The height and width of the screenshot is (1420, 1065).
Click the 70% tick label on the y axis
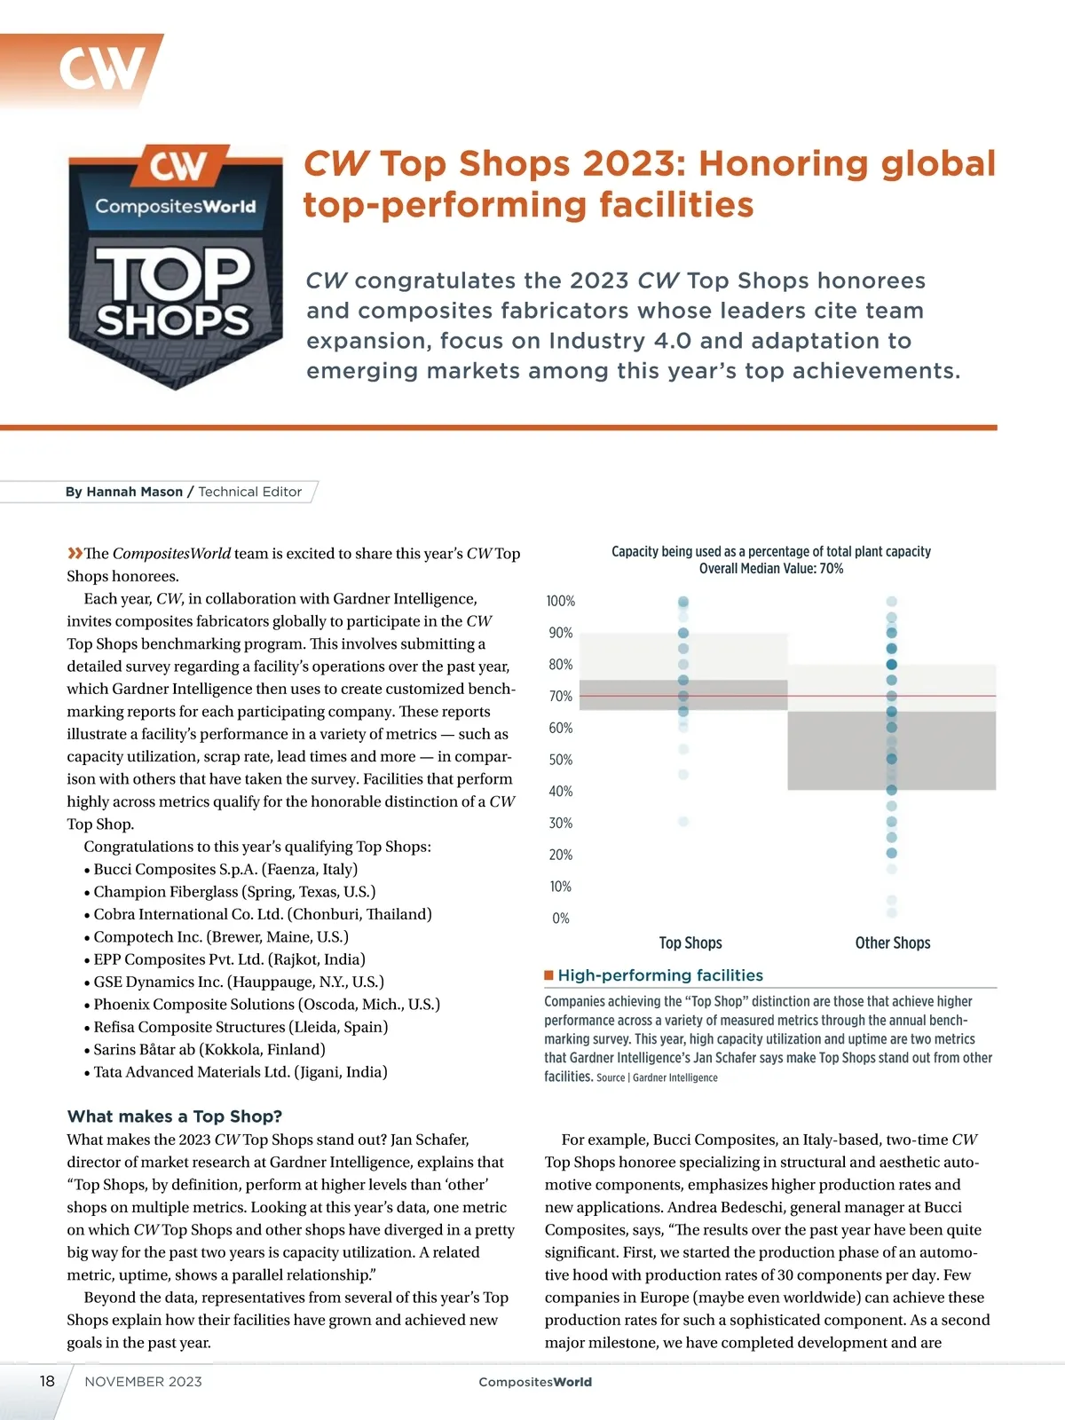coord(561,697)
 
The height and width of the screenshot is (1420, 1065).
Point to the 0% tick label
coord(561,919)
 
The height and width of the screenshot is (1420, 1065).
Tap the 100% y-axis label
coord(561,602)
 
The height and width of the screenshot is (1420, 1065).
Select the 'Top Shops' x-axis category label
coord(690,943)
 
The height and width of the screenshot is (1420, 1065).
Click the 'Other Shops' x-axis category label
coord(892,943)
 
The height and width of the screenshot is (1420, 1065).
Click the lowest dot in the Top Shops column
coord(683,822)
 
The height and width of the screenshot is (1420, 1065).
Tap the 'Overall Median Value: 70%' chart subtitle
coord(771,569)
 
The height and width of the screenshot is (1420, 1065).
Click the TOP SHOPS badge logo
coord(175,266)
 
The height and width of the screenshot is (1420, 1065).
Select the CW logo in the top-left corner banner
coord(102,68)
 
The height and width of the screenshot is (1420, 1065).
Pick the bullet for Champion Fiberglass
coord(87,893)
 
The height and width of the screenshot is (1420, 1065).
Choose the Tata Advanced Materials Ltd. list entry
coord(240,1072)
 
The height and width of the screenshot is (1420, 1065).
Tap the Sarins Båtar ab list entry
coord(209,1050)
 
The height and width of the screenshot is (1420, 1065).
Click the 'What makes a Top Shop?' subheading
coord(174,1116)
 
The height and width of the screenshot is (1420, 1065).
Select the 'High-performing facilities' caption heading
coord(659,975)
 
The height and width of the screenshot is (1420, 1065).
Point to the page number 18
coord(47,1381)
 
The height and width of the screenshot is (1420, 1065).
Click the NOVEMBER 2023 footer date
coord(143,1382)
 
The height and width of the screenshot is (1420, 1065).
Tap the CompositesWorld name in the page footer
coord(535,1382)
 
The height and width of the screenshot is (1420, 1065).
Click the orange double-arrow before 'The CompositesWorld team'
coord(75,554)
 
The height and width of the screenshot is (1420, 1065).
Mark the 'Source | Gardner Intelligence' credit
coord(657,1077)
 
